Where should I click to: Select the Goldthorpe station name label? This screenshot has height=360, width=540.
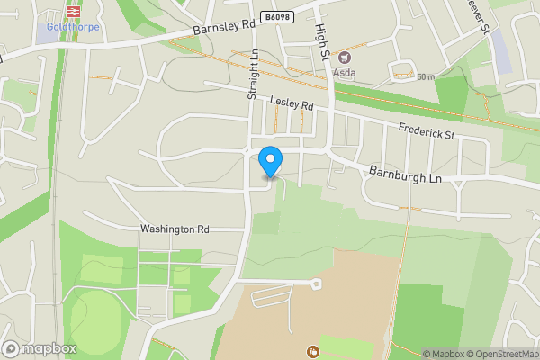[x=73, y=27]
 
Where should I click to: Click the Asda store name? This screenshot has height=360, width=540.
[x=346, y=71]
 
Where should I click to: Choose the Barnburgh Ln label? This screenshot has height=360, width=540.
[x=406, y=175]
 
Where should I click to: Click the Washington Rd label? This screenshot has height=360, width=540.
[x=175, y=229]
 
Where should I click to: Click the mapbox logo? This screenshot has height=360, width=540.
[x=40, y=348]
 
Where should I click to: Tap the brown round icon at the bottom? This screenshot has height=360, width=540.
[x=312, y=350]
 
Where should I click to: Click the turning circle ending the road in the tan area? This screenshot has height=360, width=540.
[x=316, y=283]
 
